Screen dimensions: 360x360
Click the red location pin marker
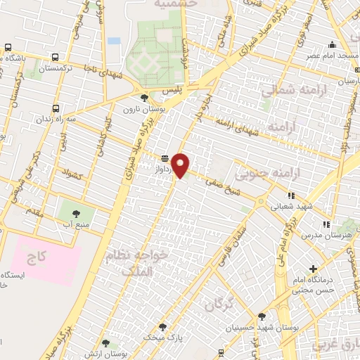tap(181, 165)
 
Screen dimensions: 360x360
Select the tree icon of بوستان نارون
tap(145, 98)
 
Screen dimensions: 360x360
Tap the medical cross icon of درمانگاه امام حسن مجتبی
tap(314, 269)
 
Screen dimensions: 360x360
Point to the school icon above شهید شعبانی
tap(291, 196)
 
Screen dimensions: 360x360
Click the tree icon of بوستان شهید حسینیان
tap(262, 316)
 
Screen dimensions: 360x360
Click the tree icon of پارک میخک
tap(163, 327)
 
